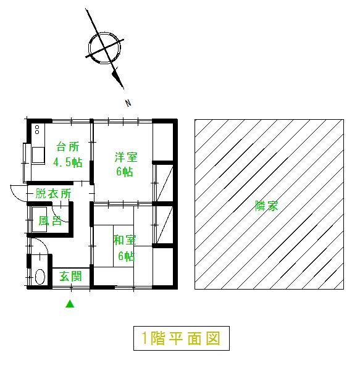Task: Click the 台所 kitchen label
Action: pyautogui.click(x=67, y=147)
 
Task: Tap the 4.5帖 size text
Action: pyautogui.click(x=68, y=162)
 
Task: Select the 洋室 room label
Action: pyautogui.click(x=126, y=157)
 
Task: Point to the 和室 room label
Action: pyautogui.click(x=125, y=240)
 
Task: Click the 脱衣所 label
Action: pyautogui.click(x=53, y=194)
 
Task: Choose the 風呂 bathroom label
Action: pyautogui.click(x=50, y=221)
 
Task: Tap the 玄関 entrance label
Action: pyautogui.click(x=70, y=276)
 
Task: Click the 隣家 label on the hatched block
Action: pyautogui.click(x=266, y=206)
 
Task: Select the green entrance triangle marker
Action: pyautogui.click(x=70, y=304)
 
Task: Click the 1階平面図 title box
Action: pyautogui.click(x=182, y=338)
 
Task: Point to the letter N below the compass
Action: pyautogui.click(x=128, y=103)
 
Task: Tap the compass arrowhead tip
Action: pyautogui.click(x=123, y=89)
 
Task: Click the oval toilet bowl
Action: pyautogui.click(x=40, y=277)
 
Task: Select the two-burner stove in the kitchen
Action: pyautogui.click(x=37, y=130)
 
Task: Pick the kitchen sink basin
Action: pyautogui.click(x=38, y=154)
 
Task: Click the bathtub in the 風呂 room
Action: pyautogui.click(x=40, y=219)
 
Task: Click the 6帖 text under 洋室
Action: pyautogui.click(x=125, y=172)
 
